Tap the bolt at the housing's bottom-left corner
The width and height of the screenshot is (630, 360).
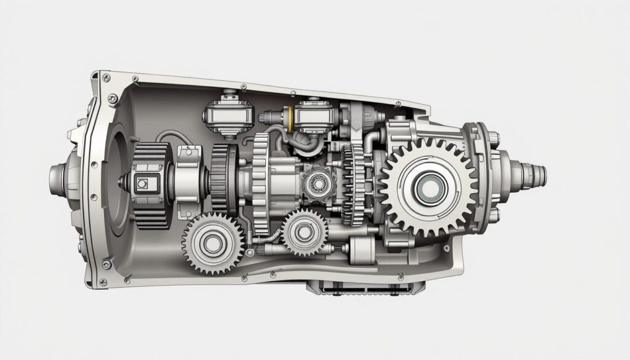pyautogui.click(x=108, y=264)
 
